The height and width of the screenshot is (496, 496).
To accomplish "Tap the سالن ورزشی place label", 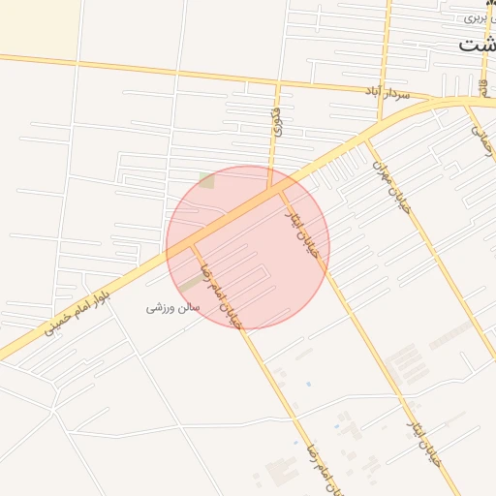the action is pos(172,308).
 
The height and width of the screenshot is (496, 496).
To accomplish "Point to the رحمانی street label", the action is pos(482,139).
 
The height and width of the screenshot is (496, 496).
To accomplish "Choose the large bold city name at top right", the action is pos(477,45).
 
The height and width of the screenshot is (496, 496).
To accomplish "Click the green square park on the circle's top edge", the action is pos(206,180).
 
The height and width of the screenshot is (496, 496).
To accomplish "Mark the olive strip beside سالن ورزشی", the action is pos(193,282).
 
